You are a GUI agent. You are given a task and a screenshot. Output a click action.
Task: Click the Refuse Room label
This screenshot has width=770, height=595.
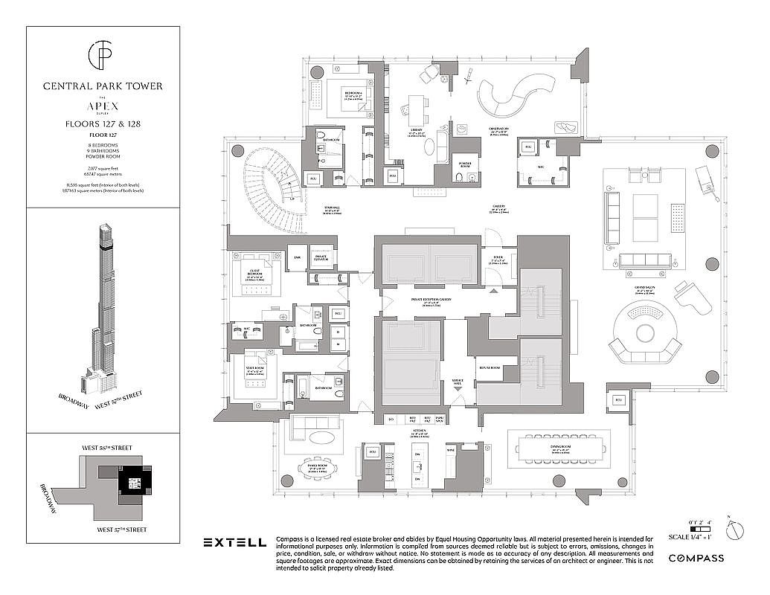tap(489, 367)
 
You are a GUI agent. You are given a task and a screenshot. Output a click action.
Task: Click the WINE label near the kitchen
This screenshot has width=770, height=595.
tap(449, 450)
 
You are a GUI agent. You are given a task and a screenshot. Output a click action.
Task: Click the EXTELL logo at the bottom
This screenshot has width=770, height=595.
tap(234, 542)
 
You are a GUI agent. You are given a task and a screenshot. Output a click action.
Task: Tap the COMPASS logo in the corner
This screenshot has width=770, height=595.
tap(697, 557)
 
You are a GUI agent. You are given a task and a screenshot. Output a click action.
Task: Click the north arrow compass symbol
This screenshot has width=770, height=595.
tap(734, 531)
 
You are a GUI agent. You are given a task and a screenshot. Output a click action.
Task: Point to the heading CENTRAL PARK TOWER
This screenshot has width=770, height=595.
tap(103, 86)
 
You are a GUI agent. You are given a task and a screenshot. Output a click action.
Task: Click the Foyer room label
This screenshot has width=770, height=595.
tap(498, 260)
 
